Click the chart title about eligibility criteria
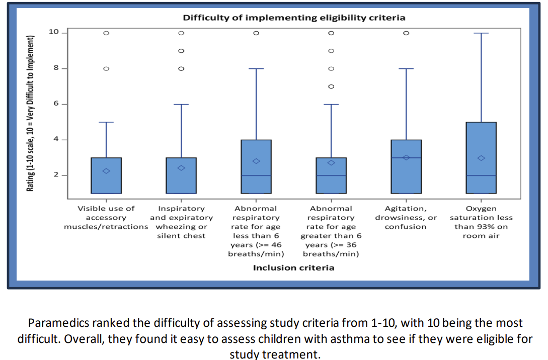[294, 18]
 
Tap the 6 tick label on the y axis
[56, 104]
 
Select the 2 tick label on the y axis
[56, 175]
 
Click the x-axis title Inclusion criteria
[293, 267]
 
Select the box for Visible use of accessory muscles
[106, 175]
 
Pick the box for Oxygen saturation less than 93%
[481, 158]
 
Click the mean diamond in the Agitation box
[406, 157]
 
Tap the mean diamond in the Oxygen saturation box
[481, 158]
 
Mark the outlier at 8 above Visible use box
[106, 68]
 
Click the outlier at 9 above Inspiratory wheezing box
[181, 51]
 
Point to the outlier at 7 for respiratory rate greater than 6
[331, 86]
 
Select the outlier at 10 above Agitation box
[406, 33]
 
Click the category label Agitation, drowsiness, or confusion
[406, 217]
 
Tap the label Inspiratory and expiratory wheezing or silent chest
[181, 222]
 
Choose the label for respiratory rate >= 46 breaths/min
[256, 231]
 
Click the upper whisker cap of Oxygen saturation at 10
[481, 33]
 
